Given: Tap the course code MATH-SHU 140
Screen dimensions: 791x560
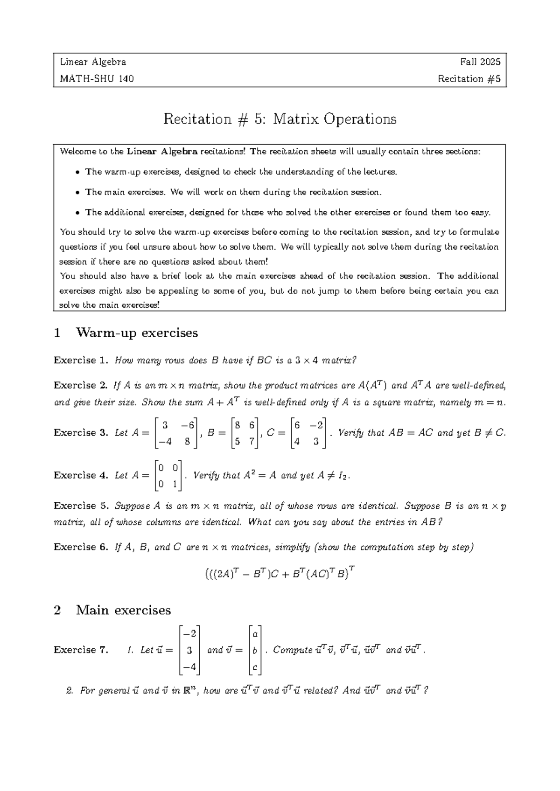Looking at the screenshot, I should click(97, 79).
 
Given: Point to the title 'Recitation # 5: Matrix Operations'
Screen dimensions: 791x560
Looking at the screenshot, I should click(280, 119).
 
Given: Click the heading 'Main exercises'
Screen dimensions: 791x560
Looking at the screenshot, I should click(123, 610).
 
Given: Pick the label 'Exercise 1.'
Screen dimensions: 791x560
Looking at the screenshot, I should click(81, 361).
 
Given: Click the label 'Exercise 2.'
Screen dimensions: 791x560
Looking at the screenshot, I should click(81, 386).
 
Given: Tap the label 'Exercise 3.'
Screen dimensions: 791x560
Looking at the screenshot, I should click(81, 433).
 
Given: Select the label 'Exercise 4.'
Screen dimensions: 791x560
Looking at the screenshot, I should click(81, 475).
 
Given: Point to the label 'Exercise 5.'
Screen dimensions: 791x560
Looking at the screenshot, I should click(81, 506).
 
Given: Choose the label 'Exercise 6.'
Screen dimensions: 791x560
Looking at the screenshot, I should click(81, 547).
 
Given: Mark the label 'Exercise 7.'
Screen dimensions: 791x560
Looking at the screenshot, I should click(81, 650).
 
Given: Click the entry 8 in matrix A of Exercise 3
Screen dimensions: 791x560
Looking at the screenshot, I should click(187, 442).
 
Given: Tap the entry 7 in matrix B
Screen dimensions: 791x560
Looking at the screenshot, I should click(252, 442).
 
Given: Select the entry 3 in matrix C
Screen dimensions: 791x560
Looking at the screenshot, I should click(316, 442).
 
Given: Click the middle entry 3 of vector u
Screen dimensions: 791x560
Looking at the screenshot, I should click(189, 650).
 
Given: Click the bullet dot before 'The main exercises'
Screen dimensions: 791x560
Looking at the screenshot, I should click(77, 193).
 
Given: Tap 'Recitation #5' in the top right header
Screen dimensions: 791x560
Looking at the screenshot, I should click(469, 79).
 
